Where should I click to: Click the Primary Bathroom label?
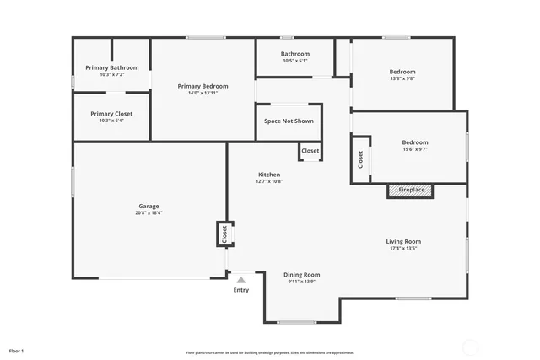click(x=112, y=67)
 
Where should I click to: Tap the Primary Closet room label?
click(x=111, y=114)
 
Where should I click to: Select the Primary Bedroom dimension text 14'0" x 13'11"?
click(x=202, y=93)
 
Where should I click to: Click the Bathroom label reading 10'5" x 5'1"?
click(x=295, y=61)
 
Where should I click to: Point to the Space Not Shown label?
click(x=289, y=121)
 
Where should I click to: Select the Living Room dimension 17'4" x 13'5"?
click(x=403, y=248)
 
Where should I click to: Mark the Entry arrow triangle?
click(x=241, y=279)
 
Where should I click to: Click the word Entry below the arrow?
click(x=241, y=290)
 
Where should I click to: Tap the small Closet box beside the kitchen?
click(x=310, y=152)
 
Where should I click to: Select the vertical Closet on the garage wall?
click(x=224, y=234)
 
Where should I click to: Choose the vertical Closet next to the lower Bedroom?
click(x=360, y=159)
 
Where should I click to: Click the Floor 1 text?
click(x=17, y=350)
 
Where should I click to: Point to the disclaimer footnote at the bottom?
click(x=269, y=352)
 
